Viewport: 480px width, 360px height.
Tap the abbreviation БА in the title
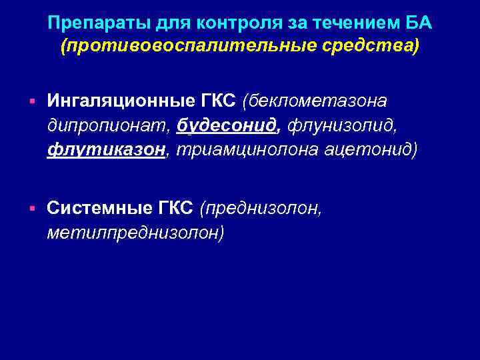417,25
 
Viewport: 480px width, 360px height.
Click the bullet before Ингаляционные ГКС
31,101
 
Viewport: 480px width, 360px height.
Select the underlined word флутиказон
106,149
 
